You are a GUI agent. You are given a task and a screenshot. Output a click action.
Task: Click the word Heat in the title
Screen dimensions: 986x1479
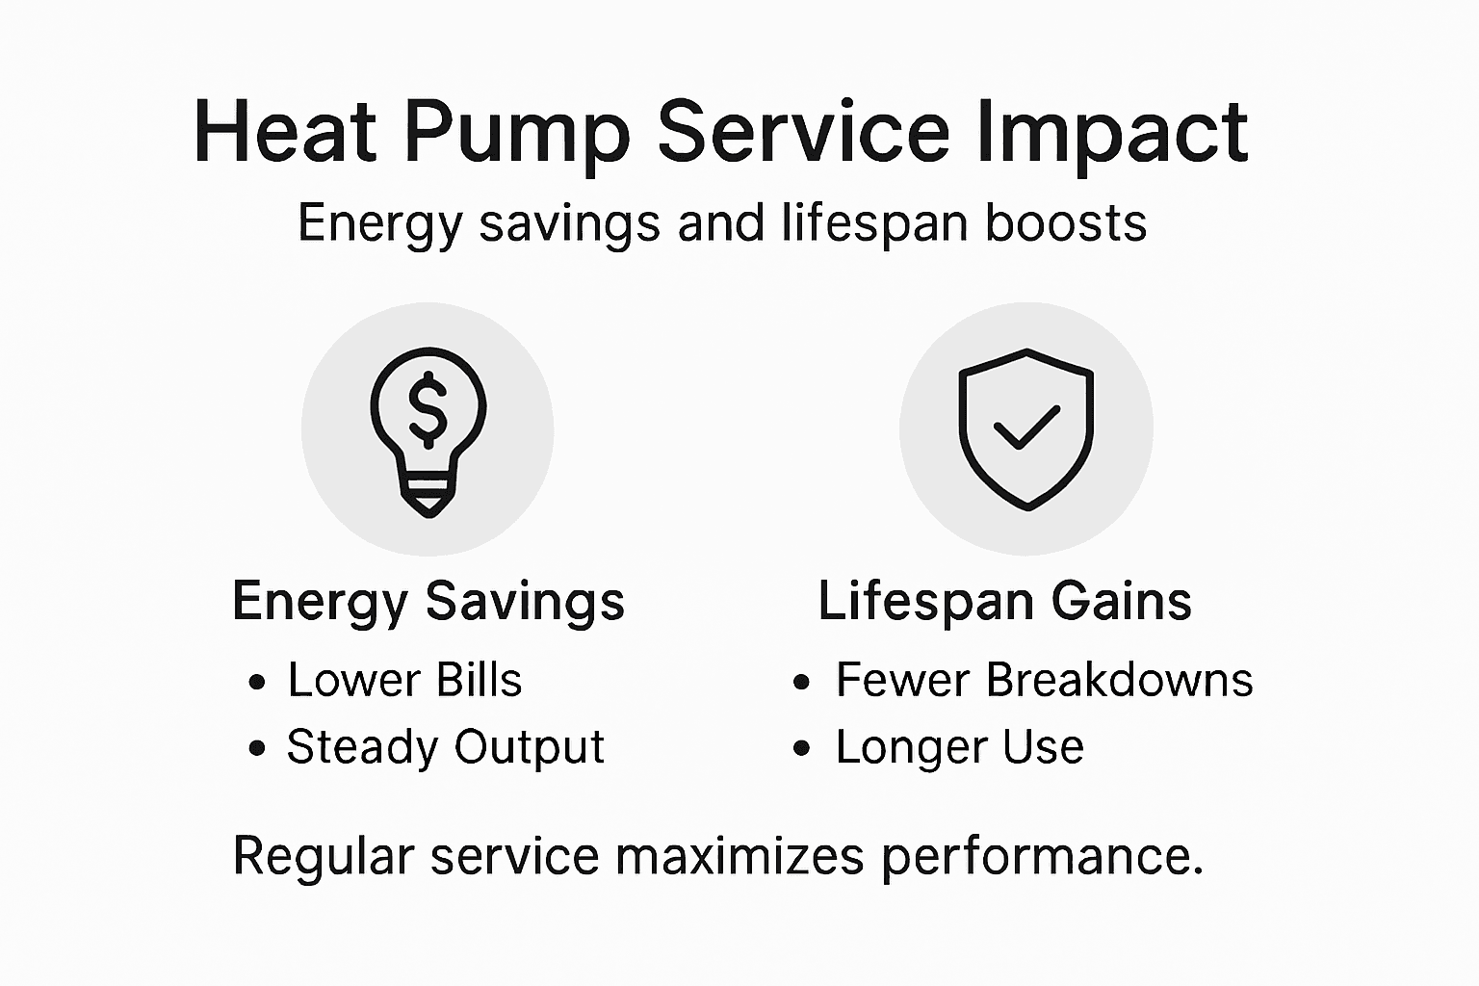285,132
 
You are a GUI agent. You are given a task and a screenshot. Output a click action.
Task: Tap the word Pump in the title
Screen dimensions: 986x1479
516,132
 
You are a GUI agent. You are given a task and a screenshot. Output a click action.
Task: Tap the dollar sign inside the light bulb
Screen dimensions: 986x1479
428,406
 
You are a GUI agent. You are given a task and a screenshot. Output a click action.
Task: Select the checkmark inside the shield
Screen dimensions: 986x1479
1026,428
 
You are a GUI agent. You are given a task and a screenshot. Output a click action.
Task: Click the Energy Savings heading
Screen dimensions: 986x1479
428,602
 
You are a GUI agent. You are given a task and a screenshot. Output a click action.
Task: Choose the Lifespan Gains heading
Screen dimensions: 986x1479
1004,601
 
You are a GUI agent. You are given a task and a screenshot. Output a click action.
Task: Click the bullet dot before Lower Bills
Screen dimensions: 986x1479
256,682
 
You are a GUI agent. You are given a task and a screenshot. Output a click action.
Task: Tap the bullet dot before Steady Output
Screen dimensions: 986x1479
256,748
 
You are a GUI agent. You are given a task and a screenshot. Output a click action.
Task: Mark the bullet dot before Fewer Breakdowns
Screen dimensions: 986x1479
802,682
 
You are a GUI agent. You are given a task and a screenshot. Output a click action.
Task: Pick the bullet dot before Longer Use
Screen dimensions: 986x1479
802,748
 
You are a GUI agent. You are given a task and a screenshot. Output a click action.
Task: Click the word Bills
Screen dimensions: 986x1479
479,680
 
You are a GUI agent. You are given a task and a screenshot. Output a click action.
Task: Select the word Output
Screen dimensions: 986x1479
529,747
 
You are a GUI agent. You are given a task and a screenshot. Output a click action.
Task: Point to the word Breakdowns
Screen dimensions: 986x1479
1119,680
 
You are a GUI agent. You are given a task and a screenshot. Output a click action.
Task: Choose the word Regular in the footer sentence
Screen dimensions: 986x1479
324,856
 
